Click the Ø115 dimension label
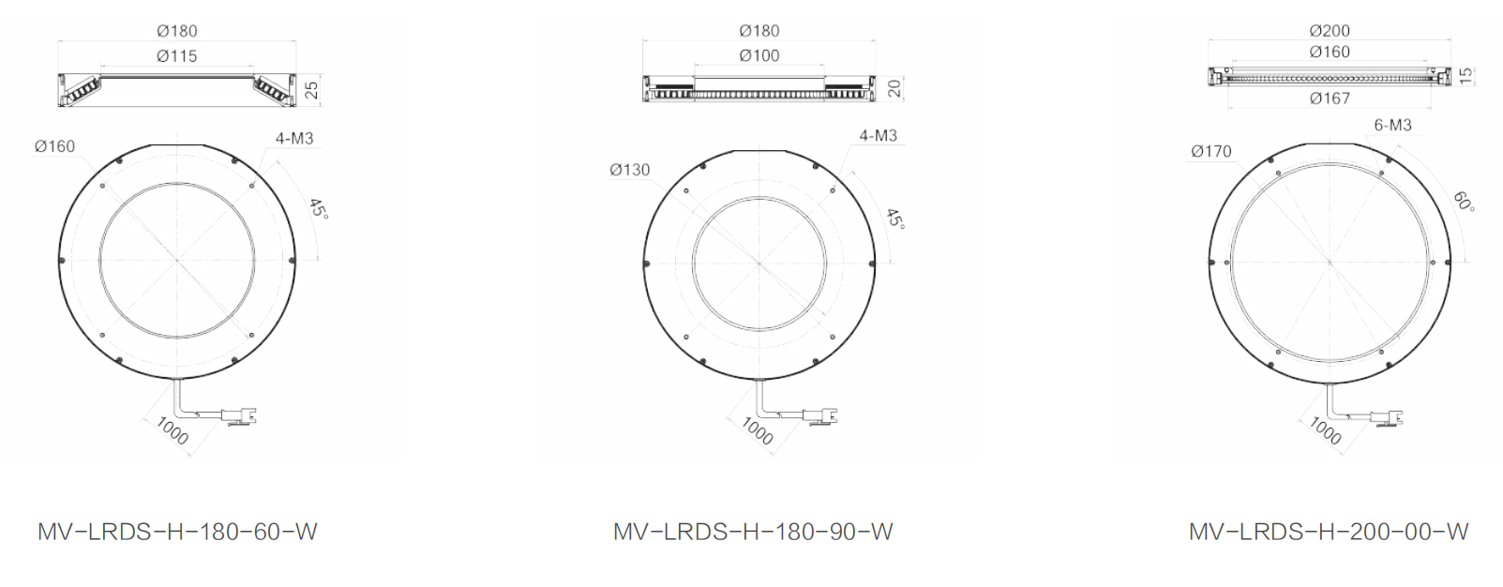(x=177, y=56)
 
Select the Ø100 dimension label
(x=759, y=55)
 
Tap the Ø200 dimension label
(x=1330, y=31)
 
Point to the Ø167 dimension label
(x=1330, y=98)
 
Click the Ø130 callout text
(x=629, y=171)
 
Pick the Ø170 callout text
(x=1211, y=152)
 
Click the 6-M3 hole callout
(x=1392, y=126)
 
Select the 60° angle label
(x=1464, y=202)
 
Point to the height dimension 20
(x=894, y=88)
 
